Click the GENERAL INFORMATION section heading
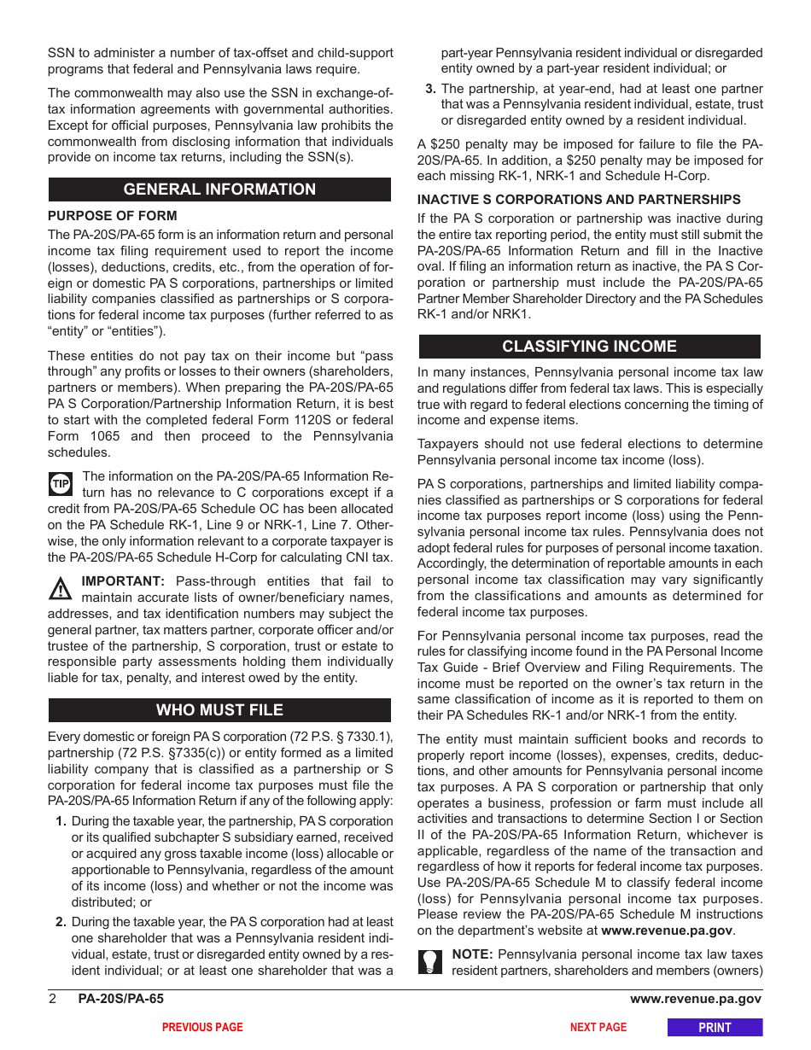[219, 190]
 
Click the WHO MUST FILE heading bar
[219, 710]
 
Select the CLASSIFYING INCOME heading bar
[589, 347]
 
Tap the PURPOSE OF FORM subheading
[113, 216]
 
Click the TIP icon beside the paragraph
[61, 485]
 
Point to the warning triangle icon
[61, 589]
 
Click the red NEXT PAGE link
[598, 1028]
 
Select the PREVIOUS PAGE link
[202, 1028]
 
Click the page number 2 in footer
[52, 1000]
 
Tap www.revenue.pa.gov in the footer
[696, 1000]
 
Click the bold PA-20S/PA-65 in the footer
[120, 1000]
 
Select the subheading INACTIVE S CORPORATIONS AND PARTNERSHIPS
[579, 200]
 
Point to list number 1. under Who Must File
[61, 821]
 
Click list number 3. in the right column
[431, 89]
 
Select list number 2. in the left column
[61, 922]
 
